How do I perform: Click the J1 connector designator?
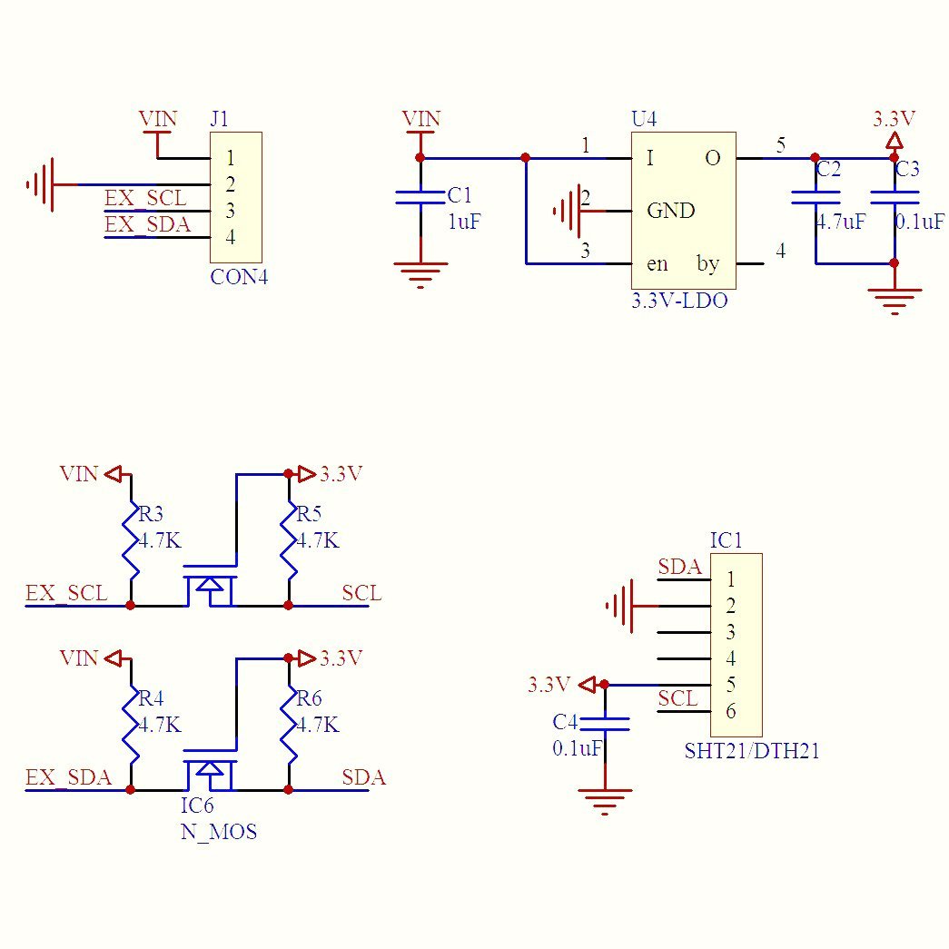coord(219,119)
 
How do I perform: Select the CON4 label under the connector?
coord(239,278)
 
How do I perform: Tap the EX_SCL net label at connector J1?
coord(146,199)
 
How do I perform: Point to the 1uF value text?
coord(464,222)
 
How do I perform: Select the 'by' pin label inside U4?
coord(707,264)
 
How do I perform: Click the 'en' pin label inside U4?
coord(657,264)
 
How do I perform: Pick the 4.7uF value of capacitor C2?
coord(841,222)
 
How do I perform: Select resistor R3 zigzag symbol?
coord(132,540)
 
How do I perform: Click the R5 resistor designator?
coord(310,515)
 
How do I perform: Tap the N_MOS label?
coord(218,832)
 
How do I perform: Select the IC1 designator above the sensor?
coord(726,541)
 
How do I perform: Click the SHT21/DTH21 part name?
coord(752,752)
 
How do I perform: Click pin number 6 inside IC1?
coord(731,711)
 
